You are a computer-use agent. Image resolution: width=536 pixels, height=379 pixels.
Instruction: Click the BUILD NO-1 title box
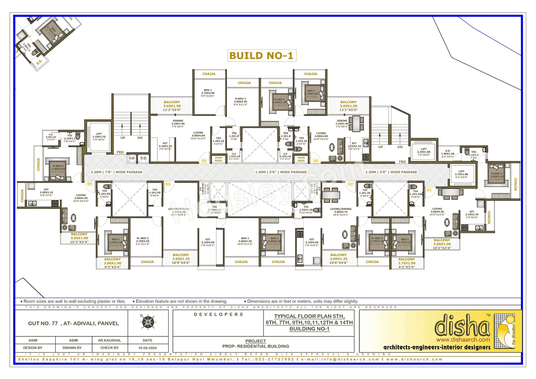[262, 56]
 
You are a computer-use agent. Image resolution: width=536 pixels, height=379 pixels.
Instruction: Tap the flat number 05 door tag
[204, 161]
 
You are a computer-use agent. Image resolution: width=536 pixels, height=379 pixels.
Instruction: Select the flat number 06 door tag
[315, 161]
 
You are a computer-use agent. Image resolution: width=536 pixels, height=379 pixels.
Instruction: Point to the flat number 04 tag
[89, 184]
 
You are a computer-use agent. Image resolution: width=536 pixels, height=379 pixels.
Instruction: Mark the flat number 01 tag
[428, 189]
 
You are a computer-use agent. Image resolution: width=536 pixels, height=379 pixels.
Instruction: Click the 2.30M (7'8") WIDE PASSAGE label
[117, 172]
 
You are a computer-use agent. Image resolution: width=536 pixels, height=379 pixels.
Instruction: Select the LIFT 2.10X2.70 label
[99, 137]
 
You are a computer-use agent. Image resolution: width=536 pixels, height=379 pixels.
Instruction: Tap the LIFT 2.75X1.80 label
[461, 174]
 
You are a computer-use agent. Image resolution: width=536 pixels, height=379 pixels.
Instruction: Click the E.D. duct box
[132, 158]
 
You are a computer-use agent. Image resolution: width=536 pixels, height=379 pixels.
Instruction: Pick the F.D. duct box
[143, 158]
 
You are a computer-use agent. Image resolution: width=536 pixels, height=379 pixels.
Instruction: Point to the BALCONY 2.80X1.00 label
[113, 263]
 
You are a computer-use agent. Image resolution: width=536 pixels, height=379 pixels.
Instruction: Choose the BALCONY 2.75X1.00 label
[407, 263]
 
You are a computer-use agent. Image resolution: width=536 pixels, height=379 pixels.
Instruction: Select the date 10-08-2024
[147, 348]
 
